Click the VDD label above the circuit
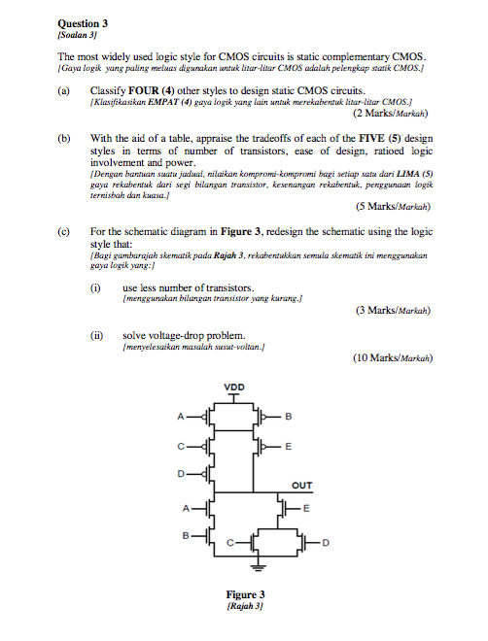point(234,387)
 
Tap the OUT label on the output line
point(302,486)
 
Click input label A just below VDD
point(180,418)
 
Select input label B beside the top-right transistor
point(289,417)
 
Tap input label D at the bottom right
point(326,544)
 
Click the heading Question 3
point(83,21)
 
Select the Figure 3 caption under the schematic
point(245,593)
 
